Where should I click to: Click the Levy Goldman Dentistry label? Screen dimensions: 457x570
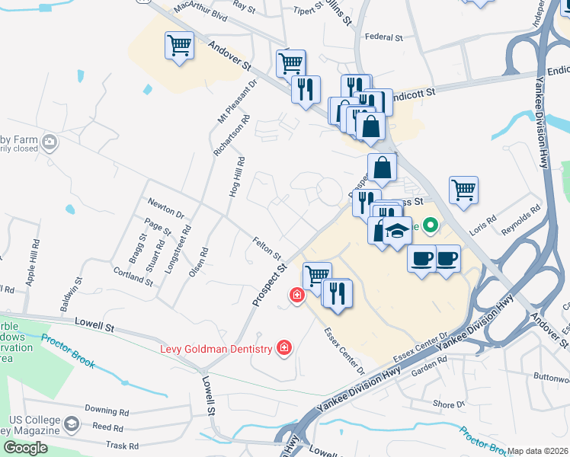click(x=216, y=349)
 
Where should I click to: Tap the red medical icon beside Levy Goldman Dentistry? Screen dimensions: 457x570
click(x=284, y=349)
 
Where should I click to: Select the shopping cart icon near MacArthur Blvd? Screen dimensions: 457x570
click(x=179, y=46)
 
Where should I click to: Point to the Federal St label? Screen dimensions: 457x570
click(x=383, y=37)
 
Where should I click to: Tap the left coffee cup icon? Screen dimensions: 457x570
click(x=421, y=260)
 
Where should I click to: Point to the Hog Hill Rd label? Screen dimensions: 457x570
click(x=235, y=177)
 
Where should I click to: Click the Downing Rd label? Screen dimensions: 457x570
click(x=104, y=409)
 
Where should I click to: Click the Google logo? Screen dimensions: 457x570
click(x=25, y=447)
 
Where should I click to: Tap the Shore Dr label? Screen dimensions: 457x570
click(x=448, y=404)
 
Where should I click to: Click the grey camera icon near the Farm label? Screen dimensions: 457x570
click(x=50, y=142)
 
